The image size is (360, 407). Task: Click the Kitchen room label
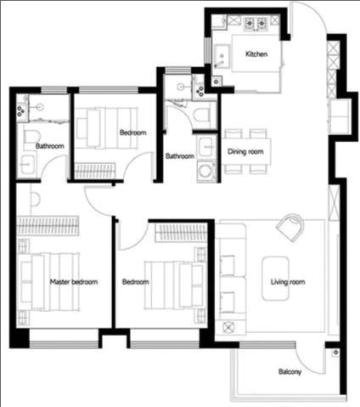tap(256, 54)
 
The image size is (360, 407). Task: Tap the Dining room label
tap(245, 151)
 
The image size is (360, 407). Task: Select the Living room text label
tap(288, 282)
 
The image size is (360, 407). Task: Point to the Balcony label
tap(290, 371)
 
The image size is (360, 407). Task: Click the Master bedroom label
tap(74, 282)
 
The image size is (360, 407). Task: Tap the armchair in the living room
tap(290, 227)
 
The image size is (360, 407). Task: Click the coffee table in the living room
tap(275, 278)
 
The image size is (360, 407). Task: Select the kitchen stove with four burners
tap(256, 24)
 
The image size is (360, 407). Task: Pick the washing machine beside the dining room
tap(205, 171)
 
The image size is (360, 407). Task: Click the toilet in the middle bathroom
tap(202, 115)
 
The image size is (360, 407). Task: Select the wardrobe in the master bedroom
tap(48, 226)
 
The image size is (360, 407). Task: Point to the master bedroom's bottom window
tap(64, 345)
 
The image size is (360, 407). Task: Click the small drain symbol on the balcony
tap(335, 353)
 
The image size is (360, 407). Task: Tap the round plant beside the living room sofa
tap(228, 328)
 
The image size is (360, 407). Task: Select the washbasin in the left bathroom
tap(26, 164)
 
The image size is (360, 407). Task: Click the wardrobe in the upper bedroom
tap(95, 171)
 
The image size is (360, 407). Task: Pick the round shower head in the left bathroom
tap(40, 107)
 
